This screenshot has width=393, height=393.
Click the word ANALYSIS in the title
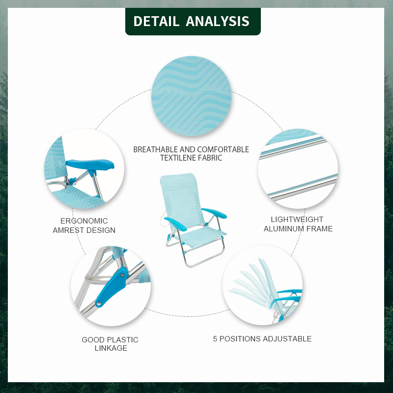pyautogui.click(x=218, y=22)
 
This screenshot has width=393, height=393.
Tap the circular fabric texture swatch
pyautogui.click(x=191, y=96)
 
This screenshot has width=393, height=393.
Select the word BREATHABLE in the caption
pyautogui.click(x=155, y=149)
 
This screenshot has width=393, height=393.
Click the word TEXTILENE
pyautogui.click(x=177, y=158)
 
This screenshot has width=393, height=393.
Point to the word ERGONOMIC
pyautogui.click(x=84, y=221)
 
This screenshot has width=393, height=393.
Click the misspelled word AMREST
pyautogui.click(x=68, y=230)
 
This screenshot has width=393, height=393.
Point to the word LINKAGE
pyautogui.click(x=111, y=348)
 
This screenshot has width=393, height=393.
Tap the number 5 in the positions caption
pyautogui.click(x=215, y=339)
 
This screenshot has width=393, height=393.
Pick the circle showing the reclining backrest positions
pyautogui.click(x=262, y=285)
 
